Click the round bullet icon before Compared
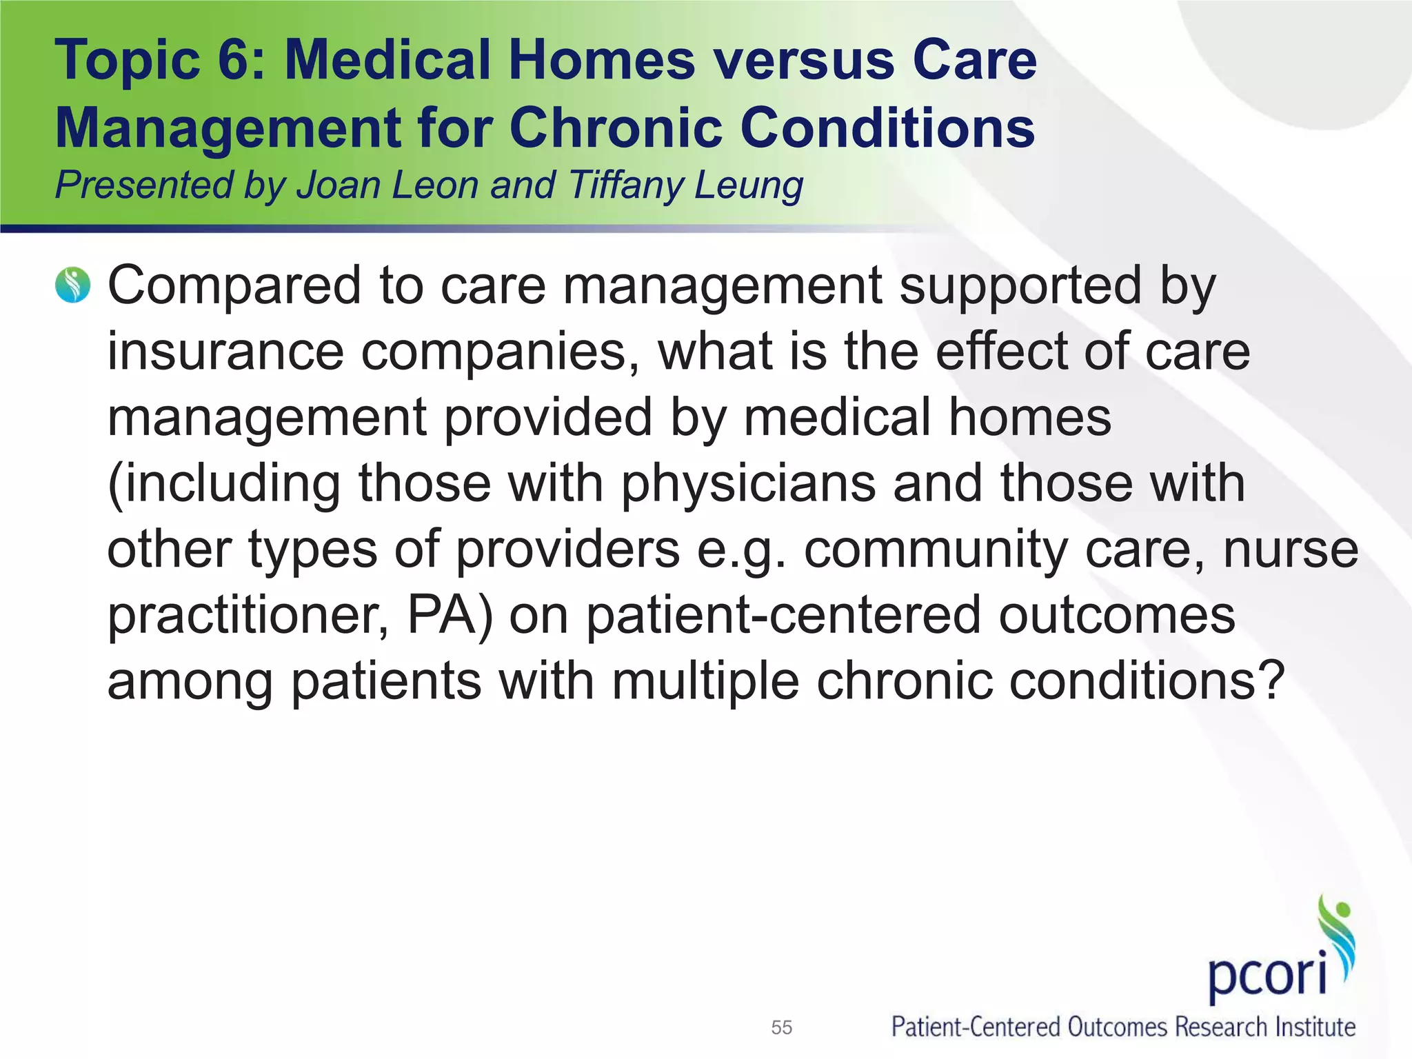(x=72, y=285)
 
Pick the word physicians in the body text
(x=748, y=484)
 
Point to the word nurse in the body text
(x=1290, y=550)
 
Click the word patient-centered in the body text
(x=783, y=615)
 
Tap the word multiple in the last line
(x=705, y=681)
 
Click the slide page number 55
(x=781, y=1027)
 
